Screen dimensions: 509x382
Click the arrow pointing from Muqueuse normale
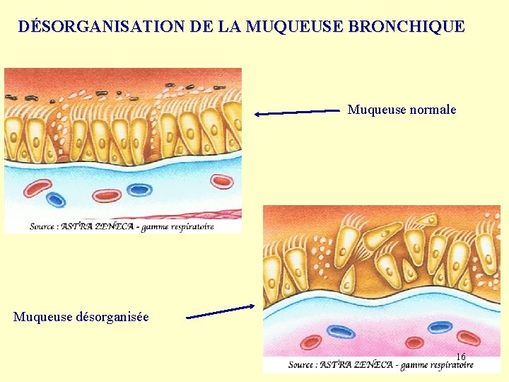(x=297, y=112)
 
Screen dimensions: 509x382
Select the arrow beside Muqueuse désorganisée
(x=220, y=312)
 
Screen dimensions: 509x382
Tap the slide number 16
(x=460, y=357)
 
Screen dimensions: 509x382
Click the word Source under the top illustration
(x=44, y=226)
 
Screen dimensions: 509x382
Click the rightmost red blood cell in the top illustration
(x=223, y=181)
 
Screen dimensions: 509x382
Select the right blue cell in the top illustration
(x=139, y=190)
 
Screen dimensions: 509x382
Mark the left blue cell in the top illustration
(x=55, y=200)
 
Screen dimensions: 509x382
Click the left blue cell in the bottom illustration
(x=341, y=332)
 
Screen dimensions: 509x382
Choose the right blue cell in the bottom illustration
(x=440, y=327)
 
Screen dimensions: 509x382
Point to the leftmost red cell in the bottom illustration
(x=311, y=343)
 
